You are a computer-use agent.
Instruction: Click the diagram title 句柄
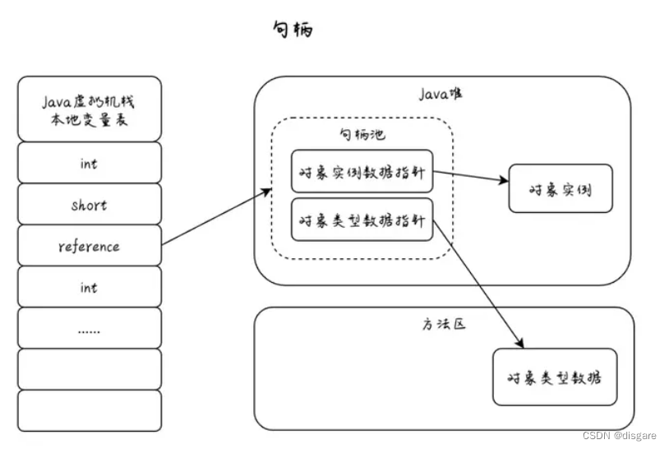coord(292,30)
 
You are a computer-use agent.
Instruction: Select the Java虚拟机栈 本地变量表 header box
coord(90,109)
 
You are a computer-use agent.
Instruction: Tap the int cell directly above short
coord(90,163)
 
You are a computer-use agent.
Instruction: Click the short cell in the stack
coord(90,205)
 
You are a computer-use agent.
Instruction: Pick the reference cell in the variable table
coord(90,246)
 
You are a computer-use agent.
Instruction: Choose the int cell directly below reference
coord(90,287)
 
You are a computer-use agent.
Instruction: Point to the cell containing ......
coord(90,328)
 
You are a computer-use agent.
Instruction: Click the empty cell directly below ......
coord(90,369)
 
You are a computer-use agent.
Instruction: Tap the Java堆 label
coord(441,94)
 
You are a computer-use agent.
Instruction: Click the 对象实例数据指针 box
coord(362,172)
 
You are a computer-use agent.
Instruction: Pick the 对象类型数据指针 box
coord(362,220)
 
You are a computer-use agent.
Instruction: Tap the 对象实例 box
coord(561,189)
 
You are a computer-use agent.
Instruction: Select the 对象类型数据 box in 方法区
coord(555,377)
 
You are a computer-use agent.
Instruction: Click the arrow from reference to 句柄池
coord(217,217)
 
